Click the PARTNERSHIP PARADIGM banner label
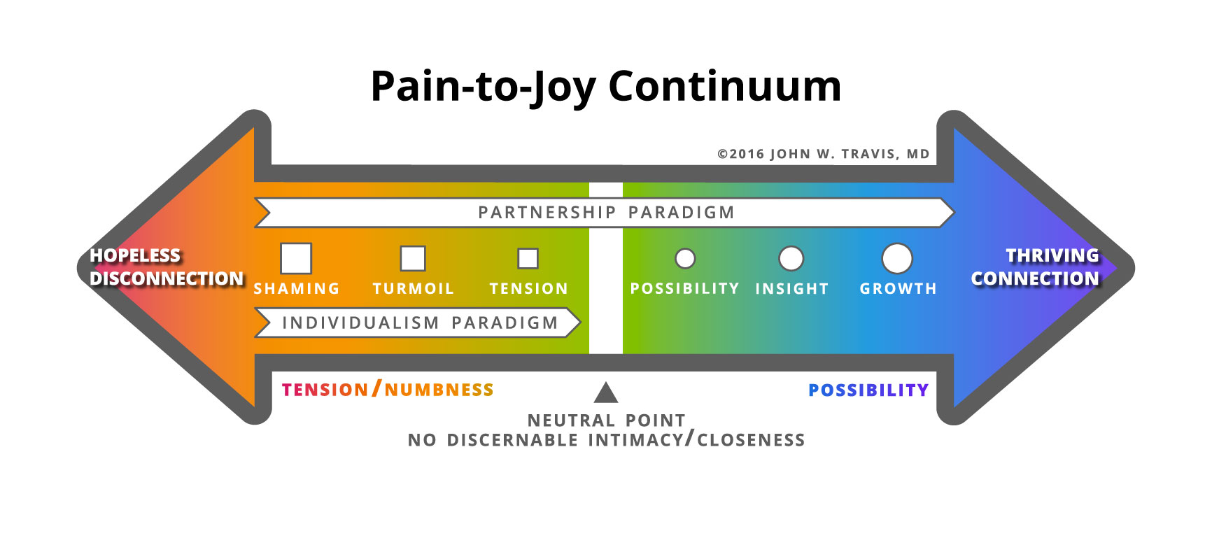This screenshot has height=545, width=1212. point(606,213)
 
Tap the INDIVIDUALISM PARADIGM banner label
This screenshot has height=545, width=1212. point(420,323)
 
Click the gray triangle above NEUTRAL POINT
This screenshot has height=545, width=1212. point(606,393)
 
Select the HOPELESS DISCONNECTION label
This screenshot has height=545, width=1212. point(167,267)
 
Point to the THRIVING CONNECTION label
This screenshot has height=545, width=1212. point(1036,267)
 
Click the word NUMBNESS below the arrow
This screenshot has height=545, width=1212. point(439,390)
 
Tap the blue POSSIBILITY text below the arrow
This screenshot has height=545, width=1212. point(868,390)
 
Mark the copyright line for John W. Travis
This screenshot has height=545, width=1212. point(824,154)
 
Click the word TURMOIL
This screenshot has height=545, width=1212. point(413,288)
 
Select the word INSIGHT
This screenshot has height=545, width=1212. point(791,288)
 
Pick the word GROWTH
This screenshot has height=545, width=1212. point(898,288)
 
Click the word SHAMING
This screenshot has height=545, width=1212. point(296,288)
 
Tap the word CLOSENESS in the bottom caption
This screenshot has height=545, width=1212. point(751,440)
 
